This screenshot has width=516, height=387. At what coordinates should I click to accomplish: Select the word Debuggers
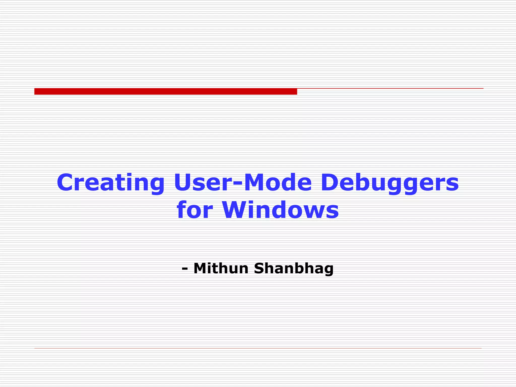point(390,183)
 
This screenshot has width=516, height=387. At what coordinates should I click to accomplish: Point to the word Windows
point(280,210)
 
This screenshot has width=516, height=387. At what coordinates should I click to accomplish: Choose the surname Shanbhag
point(294,269)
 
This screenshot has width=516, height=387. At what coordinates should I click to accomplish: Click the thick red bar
point(166,91)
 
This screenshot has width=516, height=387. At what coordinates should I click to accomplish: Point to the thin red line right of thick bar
point(390,88)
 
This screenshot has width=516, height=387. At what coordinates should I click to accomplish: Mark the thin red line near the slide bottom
point(258,348)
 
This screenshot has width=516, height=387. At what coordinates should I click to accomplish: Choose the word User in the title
point(203,183)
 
